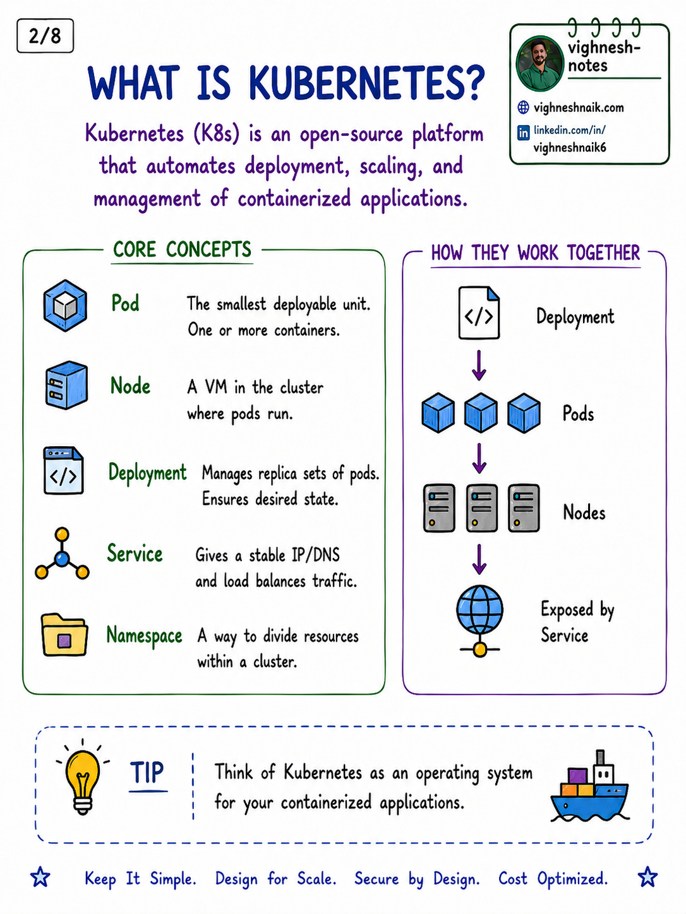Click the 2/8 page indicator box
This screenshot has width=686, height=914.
coord(45,36)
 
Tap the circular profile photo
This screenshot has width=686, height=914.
coord(540,64)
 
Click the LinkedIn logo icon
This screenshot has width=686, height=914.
coord(523,133)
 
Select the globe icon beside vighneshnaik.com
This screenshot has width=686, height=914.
coord(523,107)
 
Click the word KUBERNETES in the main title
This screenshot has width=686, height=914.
coord(367,83)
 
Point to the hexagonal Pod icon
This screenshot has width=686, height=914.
coord(66,306)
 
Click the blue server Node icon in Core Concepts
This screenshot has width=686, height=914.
coord(66,384)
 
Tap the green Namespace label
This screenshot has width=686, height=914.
coord(144,636)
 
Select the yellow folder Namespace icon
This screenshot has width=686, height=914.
coord(64,634)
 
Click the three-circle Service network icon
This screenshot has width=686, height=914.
coord(62,554)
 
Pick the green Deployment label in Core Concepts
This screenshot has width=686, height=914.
coord(147,473)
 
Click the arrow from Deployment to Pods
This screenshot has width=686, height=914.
coord(479,365)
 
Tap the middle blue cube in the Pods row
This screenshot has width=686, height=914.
coord(481,412)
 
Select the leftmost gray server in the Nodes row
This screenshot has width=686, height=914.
coord(439,507)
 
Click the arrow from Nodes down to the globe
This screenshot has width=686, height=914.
coord(479,559)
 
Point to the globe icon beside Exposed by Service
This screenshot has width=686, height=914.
coord(480,621)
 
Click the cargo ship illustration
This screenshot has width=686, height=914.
coord(591,787)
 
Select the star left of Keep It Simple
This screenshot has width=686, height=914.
coord(40,877)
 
